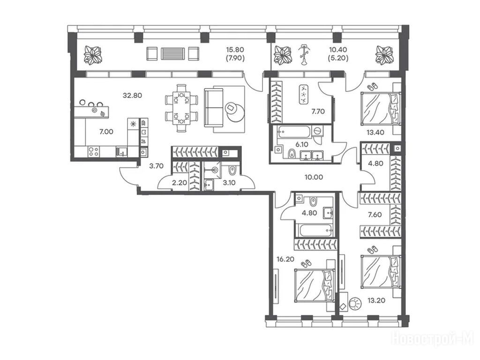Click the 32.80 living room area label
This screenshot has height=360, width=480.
(x=132, y=95)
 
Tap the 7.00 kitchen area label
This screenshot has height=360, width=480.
(x=106, y=132)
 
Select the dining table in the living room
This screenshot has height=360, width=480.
(x=181, y=108)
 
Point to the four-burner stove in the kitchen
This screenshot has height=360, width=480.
(x=93, y=152)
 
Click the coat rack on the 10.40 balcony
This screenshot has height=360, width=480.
(x=303, y=54)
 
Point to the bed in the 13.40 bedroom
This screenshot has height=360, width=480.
(x=381, y=108)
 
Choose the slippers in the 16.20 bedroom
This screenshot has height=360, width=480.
(x=306, y=263)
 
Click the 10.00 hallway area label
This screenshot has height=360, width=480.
(x=314, y=177)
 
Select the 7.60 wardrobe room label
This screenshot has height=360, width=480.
(x=375, y=215)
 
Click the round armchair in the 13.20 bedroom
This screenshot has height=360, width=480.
(x=354, y=303)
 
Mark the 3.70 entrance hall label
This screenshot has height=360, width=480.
(x=156, y=166)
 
